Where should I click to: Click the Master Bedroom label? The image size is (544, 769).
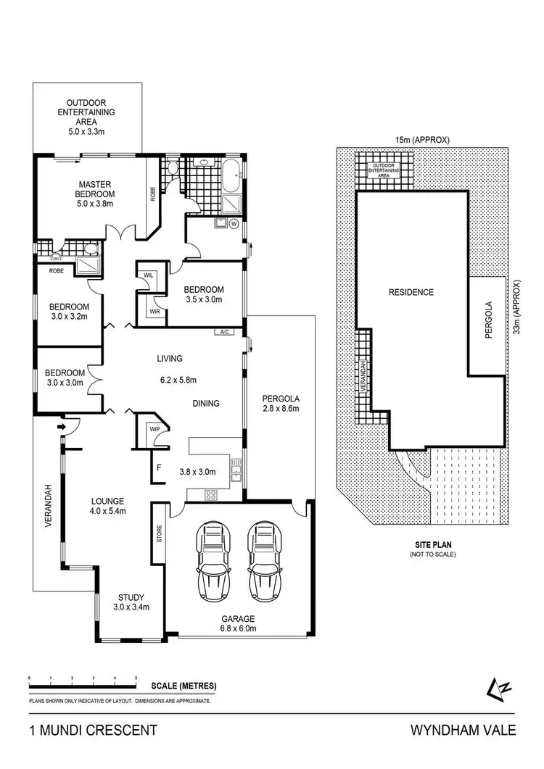click(95, 194)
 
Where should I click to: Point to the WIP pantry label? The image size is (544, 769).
click(154, 429)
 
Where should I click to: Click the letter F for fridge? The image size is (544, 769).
click(158, 467)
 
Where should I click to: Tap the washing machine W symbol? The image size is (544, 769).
click(234, 224)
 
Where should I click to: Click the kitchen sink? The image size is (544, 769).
click(235, 471)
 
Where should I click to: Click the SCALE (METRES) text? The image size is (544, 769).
click(184, 686)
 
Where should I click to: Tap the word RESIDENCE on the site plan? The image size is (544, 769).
click(411, 293)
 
